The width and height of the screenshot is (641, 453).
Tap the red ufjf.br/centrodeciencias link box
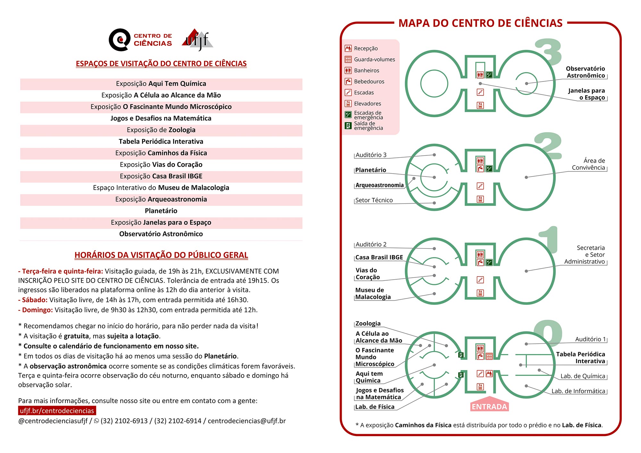[x=57, y=411]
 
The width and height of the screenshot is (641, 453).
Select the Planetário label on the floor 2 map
[x=371, y=170]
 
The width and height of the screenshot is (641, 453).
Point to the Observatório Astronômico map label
[x=586, y=72]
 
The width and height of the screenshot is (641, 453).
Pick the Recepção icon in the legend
[x=348, y=48]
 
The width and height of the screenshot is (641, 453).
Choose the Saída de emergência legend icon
[x=348, y=126]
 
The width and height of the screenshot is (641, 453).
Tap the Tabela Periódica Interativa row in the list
[x=161, y=142]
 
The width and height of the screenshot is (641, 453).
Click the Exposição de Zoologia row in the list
[x=161, y=130]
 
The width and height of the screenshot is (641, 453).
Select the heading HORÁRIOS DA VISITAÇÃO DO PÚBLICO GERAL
[x=161, y=255]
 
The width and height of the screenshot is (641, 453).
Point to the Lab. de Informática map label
[x=578, y=391]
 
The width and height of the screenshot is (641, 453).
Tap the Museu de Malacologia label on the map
[x=373, y=294]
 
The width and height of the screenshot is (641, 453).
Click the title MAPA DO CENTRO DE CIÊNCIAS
[x=480, y=23]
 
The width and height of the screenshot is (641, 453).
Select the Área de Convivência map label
[x=589, y=164]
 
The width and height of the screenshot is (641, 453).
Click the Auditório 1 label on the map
[x=590, y=339]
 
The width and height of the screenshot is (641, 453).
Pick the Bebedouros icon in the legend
[x=348, y=82]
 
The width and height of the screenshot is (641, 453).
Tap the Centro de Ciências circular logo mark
[x=120, y=40]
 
